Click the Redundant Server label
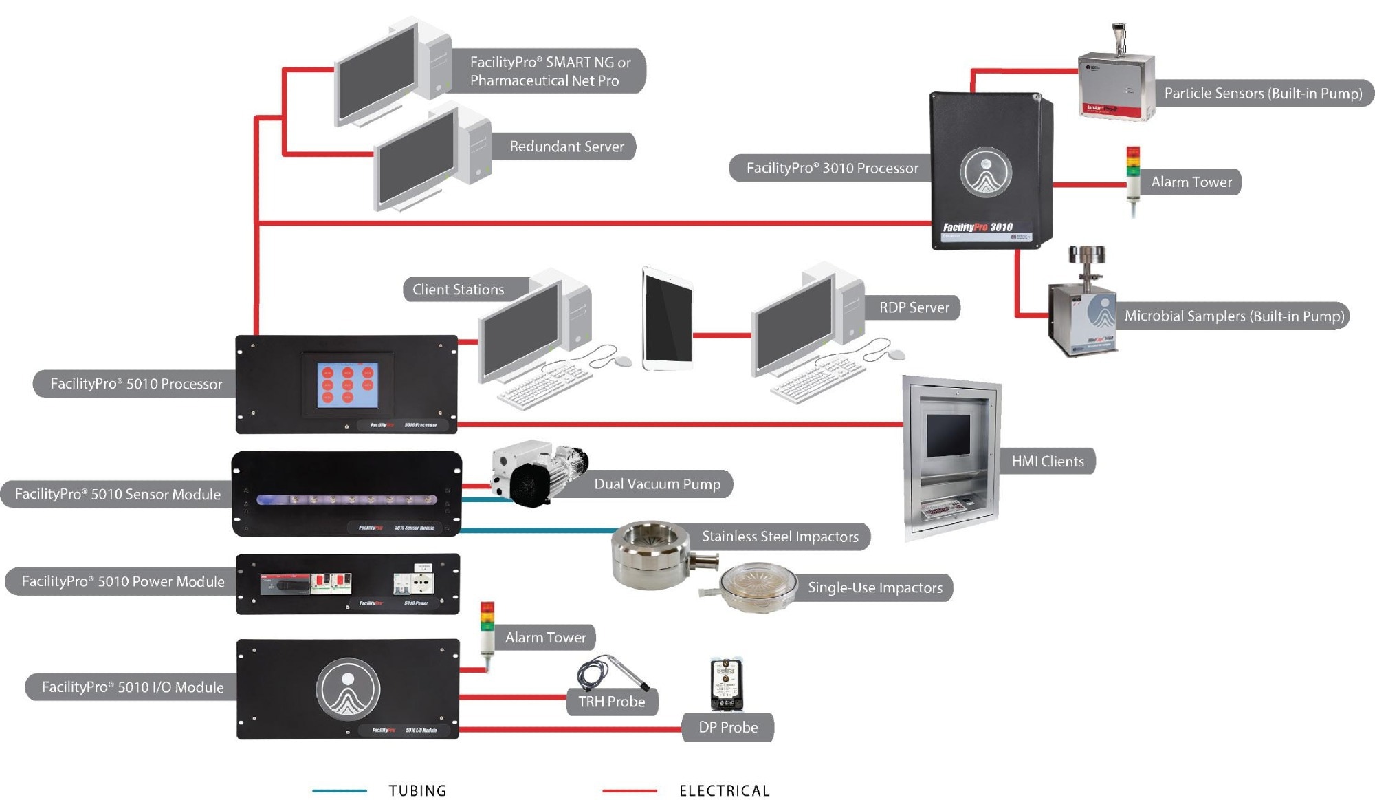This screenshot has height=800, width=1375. click(566, 147)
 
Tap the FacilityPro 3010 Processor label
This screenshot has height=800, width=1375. click(832, 168)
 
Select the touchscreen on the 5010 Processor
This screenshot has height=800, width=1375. click(348, 384)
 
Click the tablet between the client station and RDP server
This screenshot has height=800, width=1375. click(668, 319)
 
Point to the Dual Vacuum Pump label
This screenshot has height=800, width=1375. click(657, 484)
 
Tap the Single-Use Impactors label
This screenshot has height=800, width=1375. click(874, 587)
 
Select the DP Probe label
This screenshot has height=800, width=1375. click(728, 727)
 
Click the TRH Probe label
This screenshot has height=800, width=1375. click(611, 702)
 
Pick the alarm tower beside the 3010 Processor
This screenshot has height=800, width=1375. click(1132, 180)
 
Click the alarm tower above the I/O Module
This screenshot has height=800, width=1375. click(487, 633)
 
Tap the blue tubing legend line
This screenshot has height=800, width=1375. click(340, 790)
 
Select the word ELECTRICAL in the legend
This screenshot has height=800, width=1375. click(725, 790)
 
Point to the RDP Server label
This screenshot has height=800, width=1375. click(914, 307)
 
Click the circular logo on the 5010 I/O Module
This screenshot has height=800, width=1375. click(348, 689)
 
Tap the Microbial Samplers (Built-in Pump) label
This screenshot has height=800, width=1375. click(1234, 316)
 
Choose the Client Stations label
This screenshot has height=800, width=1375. click(459, 290)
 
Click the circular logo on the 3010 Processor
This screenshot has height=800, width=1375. click(986, 172)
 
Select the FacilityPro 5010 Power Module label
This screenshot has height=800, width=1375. click(123, 581)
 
